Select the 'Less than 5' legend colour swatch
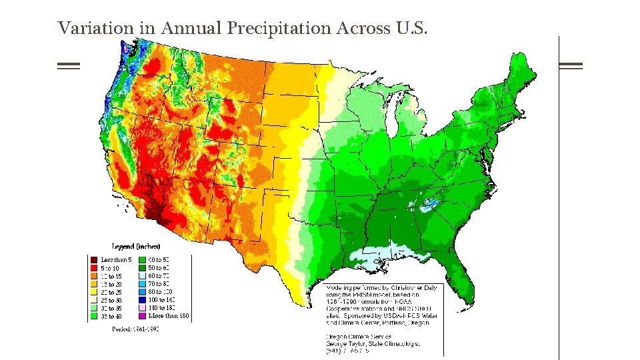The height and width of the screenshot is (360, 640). pyautogui.click(x=95, y=259)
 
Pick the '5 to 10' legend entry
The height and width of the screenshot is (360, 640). pyautogui.click(x=95, y=267)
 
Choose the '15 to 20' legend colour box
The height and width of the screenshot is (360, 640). pyautogui.click(x=95, y=284)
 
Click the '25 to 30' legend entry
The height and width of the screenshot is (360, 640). pyautogui.click(x=95, y=300)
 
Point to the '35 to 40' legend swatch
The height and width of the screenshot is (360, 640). pyautogui.click(x=95, y=317)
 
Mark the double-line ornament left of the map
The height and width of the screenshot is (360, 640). pyautogui.click(x=68, y=65)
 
